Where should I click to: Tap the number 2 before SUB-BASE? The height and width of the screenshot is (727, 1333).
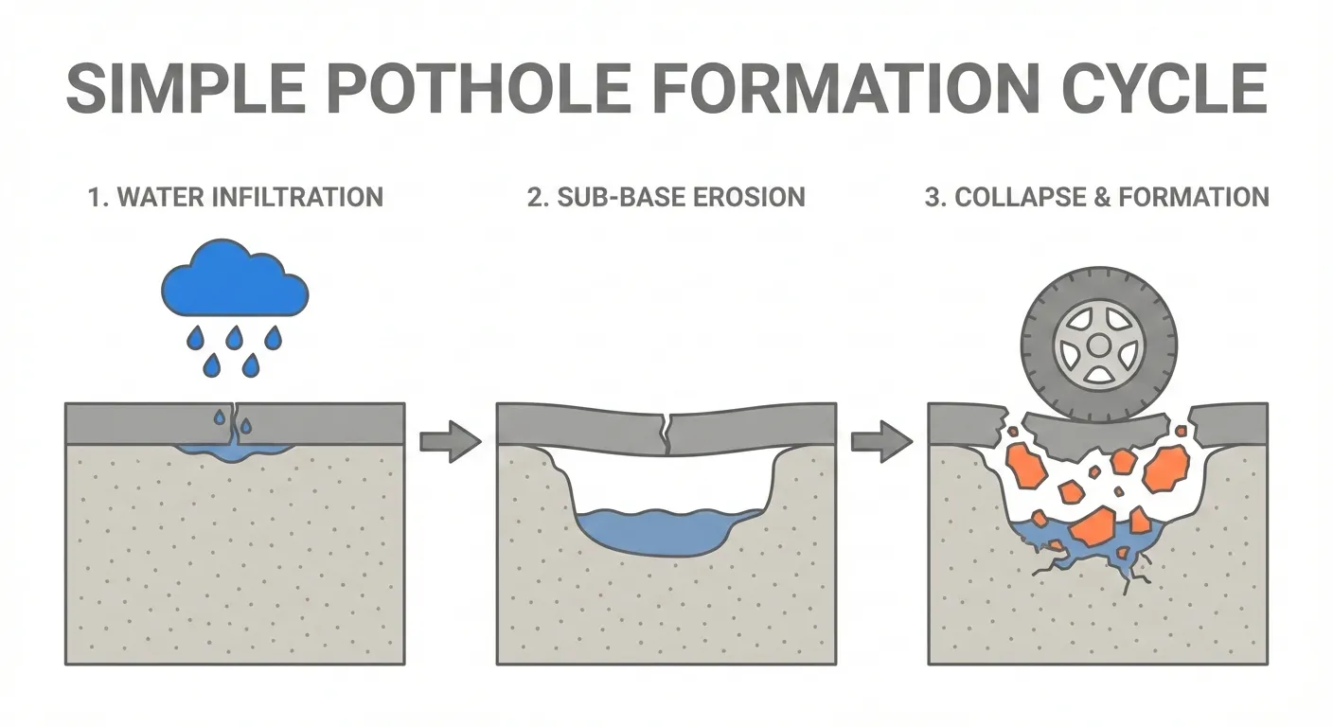pos(534,197)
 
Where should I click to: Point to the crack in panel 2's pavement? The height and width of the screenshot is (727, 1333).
pos(670,431)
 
